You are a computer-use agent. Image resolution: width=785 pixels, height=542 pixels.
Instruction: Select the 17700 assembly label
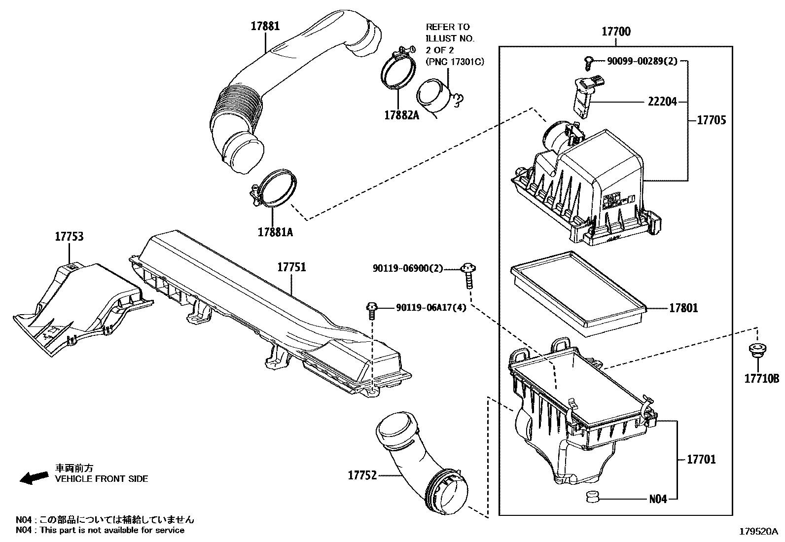pyautogui.click(x=616, y=32)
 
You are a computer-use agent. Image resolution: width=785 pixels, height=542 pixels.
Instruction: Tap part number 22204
pyautogui.click(x=663, y=102)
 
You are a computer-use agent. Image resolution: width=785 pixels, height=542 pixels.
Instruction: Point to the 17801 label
pyautogui.click(x=683, y=308)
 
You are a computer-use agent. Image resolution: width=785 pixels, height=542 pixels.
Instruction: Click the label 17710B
pyautogui.click(x=761, y=379)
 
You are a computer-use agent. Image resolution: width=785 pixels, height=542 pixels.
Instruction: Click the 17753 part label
pyautogui.click(x=69, y=237)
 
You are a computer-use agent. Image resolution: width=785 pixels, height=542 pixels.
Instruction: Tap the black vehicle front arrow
pyautogui.click(x=31, y=477)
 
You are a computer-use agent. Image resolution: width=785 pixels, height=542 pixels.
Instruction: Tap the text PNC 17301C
pyautogui.click(x=454, y=61)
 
